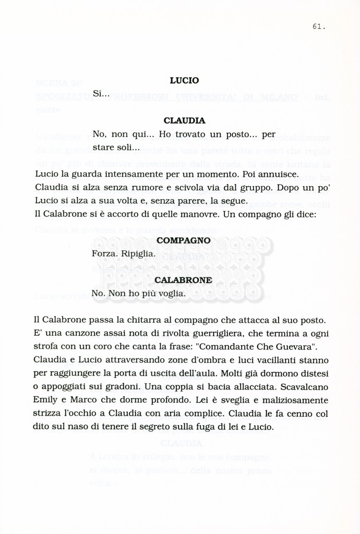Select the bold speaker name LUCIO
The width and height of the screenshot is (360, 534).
point(184,81)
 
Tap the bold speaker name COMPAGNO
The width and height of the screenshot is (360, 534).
point(184,240)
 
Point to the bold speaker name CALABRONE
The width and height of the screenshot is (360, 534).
point(183,280)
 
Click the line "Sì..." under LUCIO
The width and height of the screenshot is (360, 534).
point(101,94)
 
